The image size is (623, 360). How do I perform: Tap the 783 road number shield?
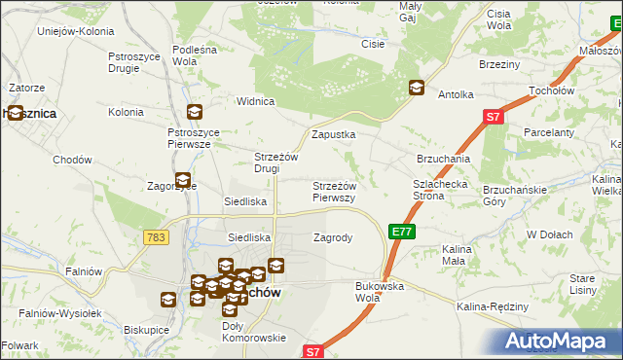(x=155, y=237)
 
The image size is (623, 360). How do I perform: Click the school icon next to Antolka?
(x=417, y=88)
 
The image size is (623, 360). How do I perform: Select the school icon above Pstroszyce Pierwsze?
(x=195, y=112)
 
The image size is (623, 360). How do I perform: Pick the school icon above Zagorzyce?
(x=182, y=179)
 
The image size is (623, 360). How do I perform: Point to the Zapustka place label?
(x=333, y=134)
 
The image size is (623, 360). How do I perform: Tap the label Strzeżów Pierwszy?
(x=333, y=191)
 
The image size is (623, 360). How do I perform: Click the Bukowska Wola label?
(x=380, y=291)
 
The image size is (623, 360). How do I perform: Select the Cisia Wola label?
(x=498, y=18)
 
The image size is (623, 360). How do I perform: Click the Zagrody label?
(x=332, y=237)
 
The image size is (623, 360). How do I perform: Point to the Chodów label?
(x=72, y=160)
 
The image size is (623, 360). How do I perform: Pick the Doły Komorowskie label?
(x=254, y=332)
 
